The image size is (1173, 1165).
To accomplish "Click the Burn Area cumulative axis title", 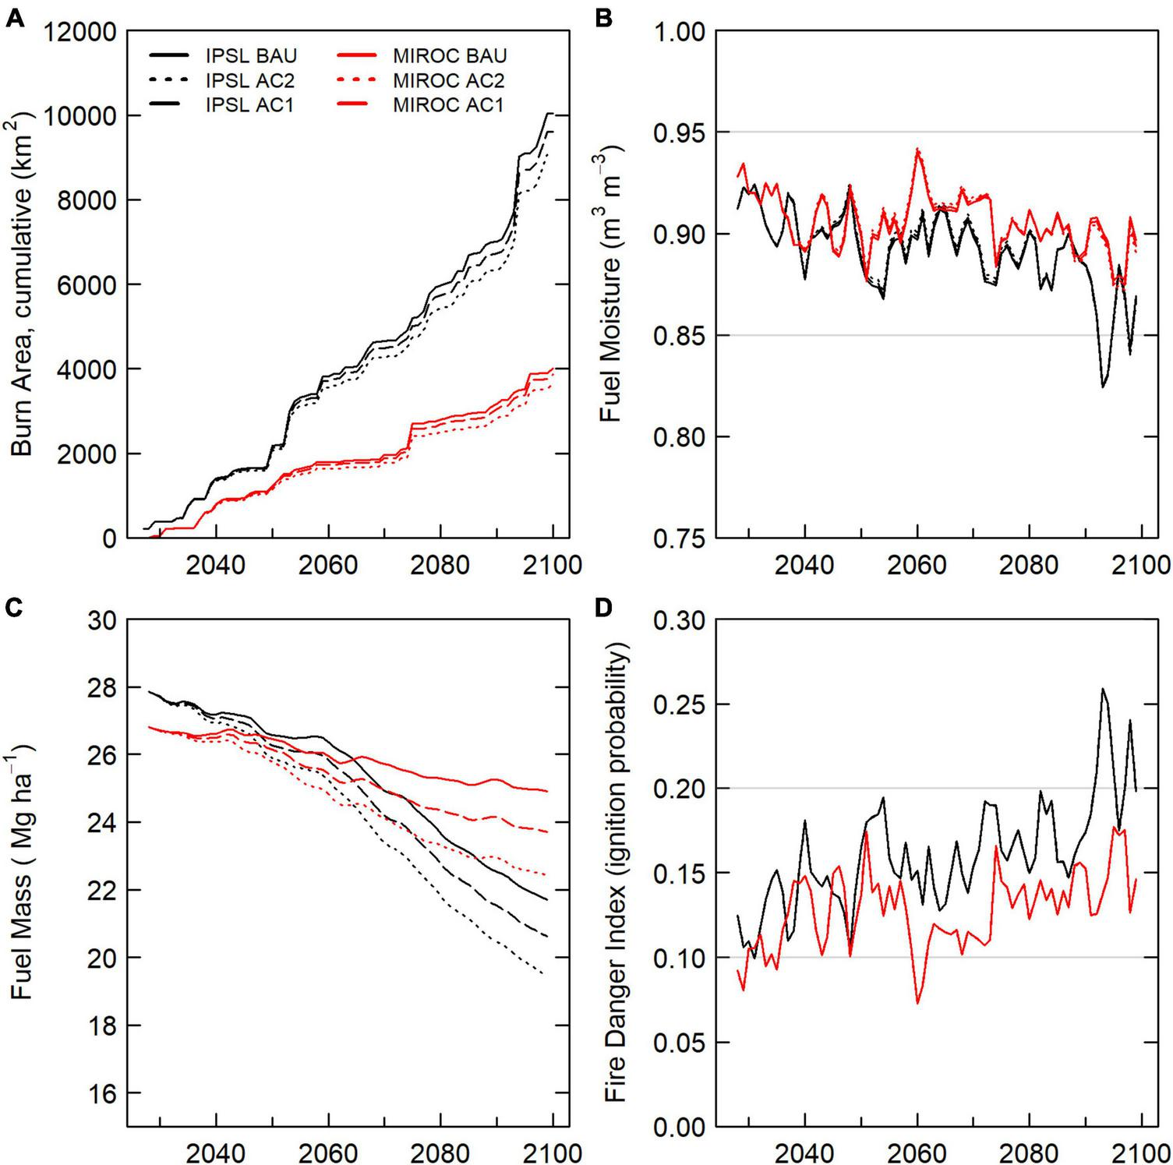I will pyautogui.click(x=23, y=284).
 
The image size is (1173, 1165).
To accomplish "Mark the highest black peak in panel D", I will pyautogui.click(x=1102, y=689).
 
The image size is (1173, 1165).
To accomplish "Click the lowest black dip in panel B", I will pyautogui.click(x=1102, y=387).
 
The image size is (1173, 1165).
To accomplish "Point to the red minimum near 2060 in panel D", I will pyautogui.click(x=917, y=1003).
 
